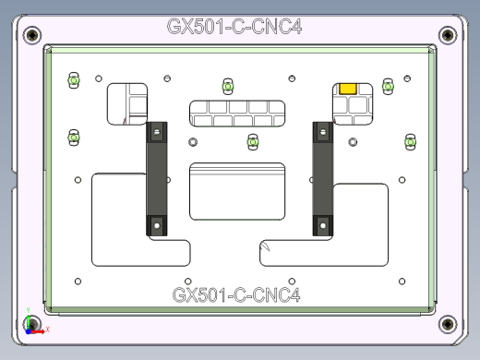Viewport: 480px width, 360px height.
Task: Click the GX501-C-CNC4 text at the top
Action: [x=234, y=26]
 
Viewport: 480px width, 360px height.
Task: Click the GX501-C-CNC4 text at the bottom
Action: [x=237, y=295]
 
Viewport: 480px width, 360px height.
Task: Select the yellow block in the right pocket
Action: [x=349, y=89]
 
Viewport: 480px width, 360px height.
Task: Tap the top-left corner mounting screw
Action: [x=33, y=35]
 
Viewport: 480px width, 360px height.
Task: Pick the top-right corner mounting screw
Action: [x=448, y=35]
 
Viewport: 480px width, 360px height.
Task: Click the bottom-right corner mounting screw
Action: [x=448, y=324]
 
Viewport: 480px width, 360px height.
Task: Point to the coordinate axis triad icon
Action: [x=31, y=324]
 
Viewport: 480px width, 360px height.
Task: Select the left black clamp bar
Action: [x=156, y=179]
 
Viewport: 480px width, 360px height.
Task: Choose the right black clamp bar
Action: [x=322, y=179]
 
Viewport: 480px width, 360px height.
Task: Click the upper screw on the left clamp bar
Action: [x=156, y=131]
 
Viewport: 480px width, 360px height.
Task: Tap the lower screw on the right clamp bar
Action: [x=322, y=224]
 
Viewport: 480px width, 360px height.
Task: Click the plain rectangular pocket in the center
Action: [x=237, y=192]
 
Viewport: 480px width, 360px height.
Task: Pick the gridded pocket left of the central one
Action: [x=127, y=103]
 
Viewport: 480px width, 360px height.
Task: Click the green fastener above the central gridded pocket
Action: [x=228, y=87]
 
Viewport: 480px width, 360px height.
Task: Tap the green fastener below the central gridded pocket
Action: [x=252, y=142]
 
